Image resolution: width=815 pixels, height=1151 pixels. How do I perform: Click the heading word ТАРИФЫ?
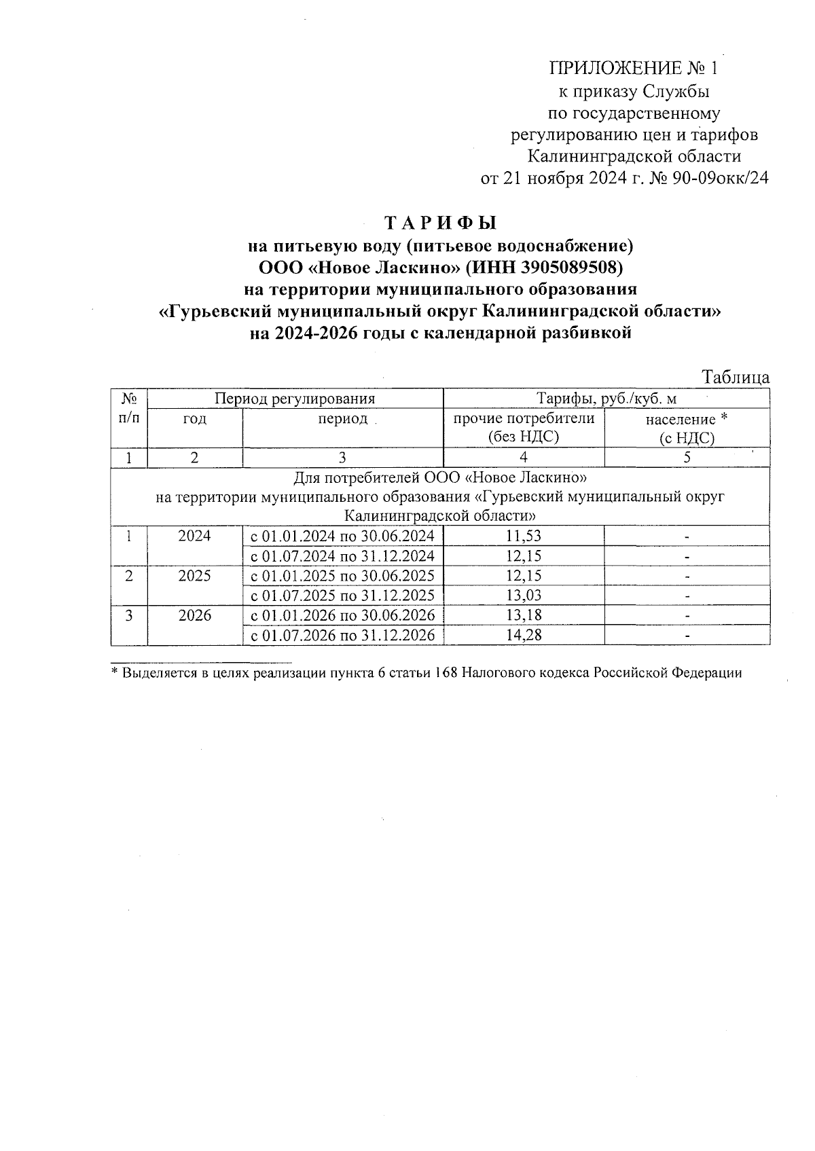pos(441,223)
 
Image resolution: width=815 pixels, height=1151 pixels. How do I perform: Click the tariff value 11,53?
pos(524,536)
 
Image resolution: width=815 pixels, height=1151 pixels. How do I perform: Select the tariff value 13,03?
pos(524,596)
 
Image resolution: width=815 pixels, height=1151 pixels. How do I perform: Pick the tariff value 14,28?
pos(524,636)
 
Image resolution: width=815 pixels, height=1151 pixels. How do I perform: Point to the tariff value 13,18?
pos(524,615)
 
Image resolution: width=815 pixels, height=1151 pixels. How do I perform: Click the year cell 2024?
pos(194,536)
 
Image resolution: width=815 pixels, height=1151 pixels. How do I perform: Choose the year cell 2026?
pos(194,615)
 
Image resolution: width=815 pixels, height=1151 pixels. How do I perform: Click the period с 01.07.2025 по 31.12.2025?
pos(343,596)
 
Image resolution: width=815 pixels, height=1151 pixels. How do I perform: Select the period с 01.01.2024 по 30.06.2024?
pos(343,536)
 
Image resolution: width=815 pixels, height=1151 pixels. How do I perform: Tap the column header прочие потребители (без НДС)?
pos(524,428)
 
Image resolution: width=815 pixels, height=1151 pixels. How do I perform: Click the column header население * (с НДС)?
pos(687,428)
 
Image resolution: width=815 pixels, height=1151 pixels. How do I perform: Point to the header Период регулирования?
pos(295,399)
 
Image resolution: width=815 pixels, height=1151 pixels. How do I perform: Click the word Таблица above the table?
pos(736,378)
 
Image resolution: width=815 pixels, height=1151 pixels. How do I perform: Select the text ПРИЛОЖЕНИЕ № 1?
pos(632,68)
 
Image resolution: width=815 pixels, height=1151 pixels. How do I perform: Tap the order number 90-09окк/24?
pos(719,179)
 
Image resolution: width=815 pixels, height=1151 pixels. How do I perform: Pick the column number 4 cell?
pos(524,458)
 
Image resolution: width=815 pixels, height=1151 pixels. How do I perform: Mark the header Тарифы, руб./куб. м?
pos(606,399)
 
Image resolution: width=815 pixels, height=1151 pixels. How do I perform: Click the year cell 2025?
pos(194,576)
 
